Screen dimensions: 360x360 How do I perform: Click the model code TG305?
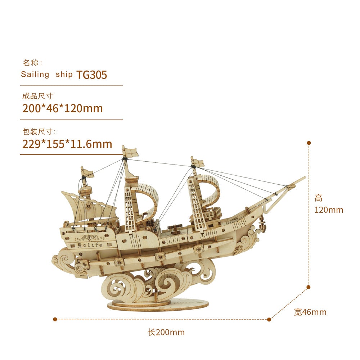pyautogui.click(x=91, y=75)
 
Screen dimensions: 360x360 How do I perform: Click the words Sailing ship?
pyautogui.click(x=47, y=75)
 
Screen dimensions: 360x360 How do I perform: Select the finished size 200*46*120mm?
pyautogui.click(x=62, y=108)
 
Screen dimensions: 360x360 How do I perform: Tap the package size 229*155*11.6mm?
pyautogui.click(x=67, y=144)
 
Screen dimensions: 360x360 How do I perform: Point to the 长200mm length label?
pyautogui.click(x=166, y=332)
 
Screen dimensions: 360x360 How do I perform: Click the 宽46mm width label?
pyautogui.click(x=310, y=312)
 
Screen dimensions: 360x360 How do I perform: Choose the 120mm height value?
pyautogui.click(x=329, y=210)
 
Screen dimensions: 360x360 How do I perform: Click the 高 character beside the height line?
pyautogui.click(x=319, y=198)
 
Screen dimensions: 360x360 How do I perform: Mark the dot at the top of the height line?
pyautogui.click(x=309, y=143)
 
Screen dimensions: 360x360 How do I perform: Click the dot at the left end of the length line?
pyautogui.click(x=55, y=319)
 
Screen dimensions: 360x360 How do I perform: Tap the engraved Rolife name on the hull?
pyautogui.click(x=90, y=245)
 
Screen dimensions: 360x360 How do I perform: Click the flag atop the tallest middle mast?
pyautogui.click(x=130, y=152)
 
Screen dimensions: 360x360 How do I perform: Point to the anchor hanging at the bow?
pyautogui.click(x=263, y=226)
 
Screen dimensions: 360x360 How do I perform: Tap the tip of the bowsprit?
pyautogui.click(x=304, y=177)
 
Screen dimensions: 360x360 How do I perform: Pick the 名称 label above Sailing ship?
pyautogui.click(x=32, y=63)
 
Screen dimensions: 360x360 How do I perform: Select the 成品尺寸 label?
pyautogui.click(x=38, y=96)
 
